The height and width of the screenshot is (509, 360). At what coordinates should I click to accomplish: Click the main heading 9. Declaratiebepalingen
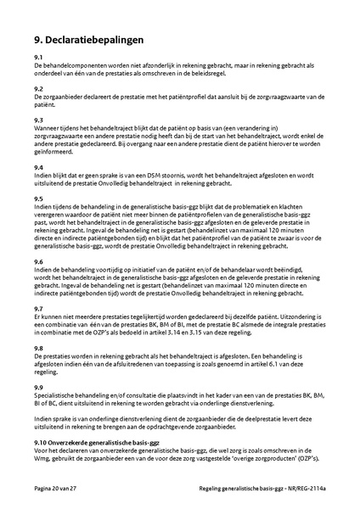[x=88, y=39]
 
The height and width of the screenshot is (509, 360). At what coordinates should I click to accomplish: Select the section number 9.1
[x=39, y=56]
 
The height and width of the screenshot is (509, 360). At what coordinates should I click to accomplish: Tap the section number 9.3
[x=39, y=120]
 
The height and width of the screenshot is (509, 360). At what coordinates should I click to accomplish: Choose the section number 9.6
[x=39, y=262]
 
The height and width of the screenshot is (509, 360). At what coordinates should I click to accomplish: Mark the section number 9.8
[x=39, y=348]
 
